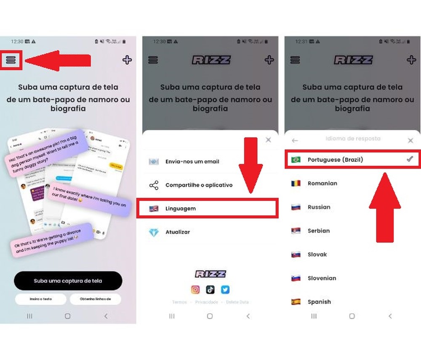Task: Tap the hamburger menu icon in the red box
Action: coord(11,60)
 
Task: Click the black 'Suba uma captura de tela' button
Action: coord(68,281)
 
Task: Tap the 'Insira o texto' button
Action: coord(41,299)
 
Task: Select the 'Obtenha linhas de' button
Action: coord(95,299)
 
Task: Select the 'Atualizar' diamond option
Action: coord(177,232)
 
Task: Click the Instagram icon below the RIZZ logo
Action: coord(195,289)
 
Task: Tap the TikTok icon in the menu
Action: coord(210,289)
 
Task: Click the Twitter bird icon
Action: coord(225,289)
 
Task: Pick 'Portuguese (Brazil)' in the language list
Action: coord(335,160)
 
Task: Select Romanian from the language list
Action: coord(322,183)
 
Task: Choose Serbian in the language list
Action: coord(319,231)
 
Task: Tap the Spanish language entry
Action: coord(319,302)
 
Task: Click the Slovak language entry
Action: coord(317,254)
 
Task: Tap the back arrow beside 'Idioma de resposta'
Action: coord(295,140)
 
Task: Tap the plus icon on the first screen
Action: coord(127,60)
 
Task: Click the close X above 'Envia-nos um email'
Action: coord(269,140)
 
